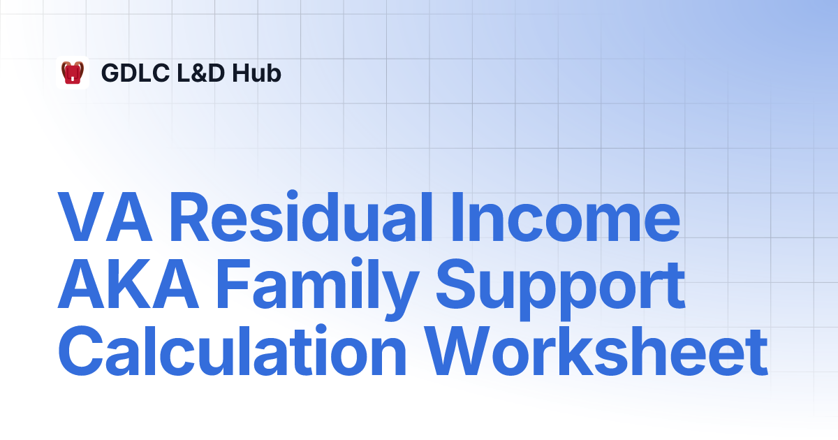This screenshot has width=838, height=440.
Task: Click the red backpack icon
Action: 73,72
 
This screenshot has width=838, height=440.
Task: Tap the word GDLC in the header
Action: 135,73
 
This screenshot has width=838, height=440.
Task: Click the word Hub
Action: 256,73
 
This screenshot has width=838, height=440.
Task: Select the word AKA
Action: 128,284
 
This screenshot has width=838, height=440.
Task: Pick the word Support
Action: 560,289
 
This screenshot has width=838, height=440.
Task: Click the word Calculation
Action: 232,350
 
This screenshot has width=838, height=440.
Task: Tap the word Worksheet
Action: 596,350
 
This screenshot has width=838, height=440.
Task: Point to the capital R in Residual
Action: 190,217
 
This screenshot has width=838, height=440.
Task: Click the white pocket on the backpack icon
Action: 73,78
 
